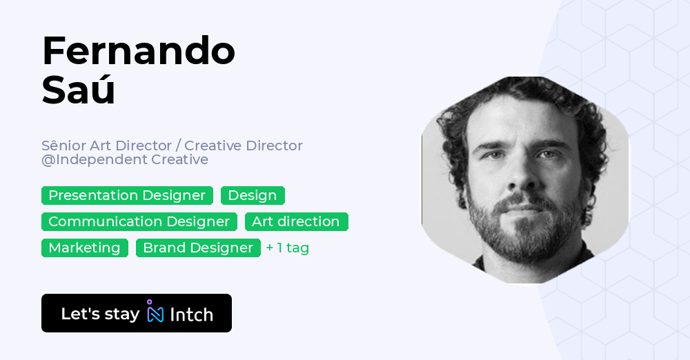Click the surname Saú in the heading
[78, 90]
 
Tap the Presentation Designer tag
[127, 195]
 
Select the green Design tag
[253, 195]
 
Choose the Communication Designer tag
[139, 221]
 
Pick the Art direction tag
[296, 221]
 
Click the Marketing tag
[84, 248]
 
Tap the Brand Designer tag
[198, 248]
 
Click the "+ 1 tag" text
[288, 248]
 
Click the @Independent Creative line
[124, 160]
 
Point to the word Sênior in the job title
[62, 146]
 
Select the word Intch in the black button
[191, 314]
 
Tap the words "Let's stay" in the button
[100, 314]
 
